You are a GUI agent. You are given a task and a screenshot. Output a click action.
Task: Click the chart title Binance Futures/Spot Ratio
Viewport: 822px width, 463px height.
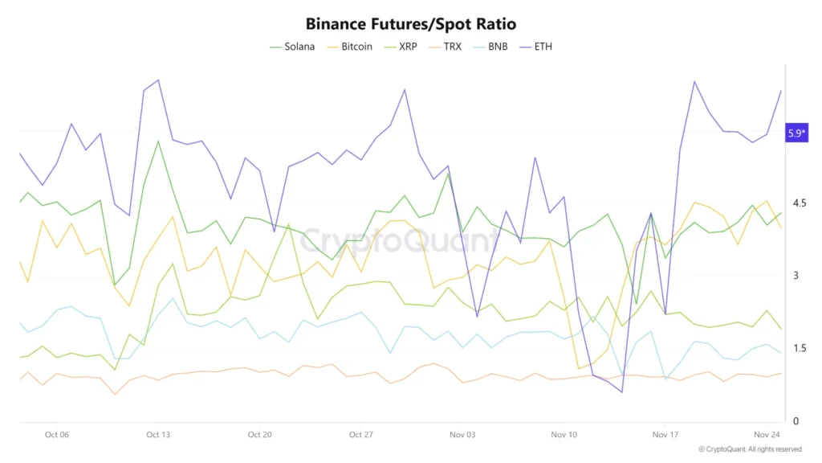click(x=410, y=23)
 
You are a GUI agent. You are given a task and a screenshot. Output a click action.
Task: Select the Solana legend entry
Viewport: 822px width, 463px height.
click(x=292, y=47)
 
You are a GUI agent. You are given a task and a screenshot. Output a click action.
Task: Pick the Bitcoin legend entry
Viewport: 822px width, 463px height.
click(x=349, y=47)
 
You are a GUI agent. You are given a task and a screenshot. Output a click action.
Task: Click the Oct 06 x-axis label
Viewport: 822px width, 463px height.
click(x=57, y=435)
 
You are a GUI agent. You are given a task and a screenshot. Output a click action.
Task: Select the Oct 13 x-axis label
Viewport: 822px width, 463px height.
click(x=158, y=435)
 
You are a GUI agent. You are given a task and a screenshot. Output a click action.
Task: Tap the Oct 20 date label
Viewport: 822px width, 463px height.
click(x=259, y=435)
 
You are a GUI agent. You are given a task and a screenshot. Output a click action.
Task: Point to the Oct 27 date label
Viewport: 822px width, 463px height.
click(x=361, y=435)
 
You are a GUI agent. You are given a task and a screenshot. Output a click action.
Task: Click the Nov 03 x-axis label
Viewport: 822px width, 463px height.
click(x=462, y=435)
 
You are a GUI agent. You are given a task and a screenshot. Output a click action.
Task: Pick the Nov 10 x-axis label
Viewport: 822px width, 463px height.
click(x=564, y=435)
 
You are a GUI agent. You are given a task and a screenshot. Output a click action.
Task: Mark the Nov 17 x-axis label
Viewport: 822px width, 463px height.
click(x=665, y=435)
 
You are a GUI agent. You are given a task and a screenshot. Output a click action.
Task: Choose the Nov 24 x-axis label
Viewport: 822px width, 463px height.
click(x=767, y=435)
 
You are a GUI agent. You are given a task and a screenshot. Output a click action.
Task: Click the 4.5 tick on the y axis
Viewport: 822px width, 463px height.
click(x=799, y=203)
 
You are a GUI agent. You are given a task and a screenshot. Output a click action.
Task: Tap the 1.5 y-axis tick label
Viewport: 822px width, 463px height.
click(x=799, y=349)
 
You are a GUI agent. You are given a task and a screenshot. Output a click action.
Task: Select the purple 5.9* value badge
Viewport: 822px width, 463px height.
click(x=796, y=133)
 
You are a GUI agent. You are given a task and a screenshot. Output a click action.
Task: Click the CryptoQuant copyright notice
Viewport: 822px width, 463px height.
click(x=750, y=449)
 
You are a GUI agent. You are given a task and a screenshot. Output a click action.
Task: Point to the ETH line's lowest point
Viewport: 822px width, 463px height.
click(x=621, y=392)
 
